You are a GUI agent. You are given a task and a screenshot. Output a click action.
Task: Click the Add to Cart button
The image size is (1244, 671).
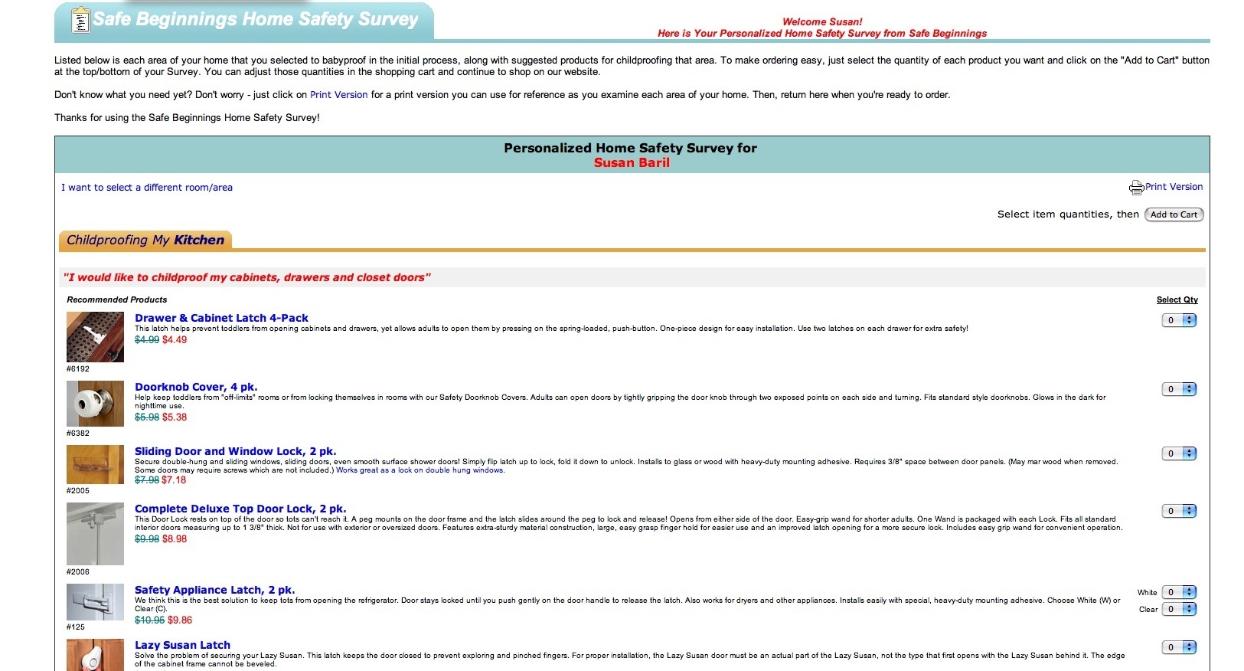coord(1174,214)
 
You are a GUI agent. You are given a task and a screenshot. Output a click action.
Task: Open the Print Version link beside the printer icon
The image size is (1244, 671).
coord(1174,187)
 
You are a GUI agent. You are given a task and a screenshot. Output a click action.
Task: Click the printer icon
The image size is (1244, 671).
coord(1136,188)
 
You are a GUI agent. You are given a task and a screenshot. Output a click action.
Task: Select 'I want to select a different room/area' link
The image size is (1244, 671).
coord(147,188)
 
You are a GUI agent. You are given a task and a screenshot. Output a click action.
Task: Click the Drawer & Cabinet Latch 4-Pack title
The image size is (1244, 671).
coord(221,318)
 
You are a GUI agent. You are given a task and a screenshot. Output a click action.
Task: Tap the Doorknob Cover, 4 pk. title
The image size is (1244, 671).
coord(196,387)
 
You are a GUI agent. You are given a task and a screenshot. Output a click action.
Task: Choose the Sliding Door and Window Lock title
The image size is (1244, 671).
coord(235,451)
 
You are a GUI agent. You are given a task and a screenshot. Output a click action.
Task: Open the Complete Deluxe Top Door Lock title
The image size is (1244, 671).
coord(240,509)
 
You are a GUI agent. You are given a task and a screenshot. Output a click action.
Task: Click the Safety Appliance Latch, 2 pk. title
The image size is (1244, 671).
coord(214,590)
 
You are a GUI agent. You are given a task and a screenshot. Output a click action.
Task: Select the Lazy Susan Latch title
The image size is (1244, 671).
coord(182,645)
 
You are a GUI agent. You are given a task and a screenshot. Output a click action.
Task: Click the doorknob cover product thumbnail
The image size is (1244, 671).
coord(95,404)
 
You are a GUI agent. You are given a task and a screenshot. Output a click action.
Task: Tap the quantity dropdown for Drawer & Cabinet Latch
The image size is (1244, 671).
coord(1179,321)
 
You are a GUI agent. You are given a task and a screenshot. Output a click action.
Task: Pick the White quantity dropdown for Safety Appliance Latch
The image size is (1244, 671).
coord(1179,592)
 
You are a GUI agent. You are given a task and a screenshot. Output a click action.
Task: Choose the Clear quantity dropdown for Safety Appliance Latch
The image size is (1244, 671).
coord(1179,609)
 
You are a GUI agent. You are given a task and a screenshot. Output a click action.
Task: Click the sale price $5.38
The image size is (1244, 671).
coord(175,417)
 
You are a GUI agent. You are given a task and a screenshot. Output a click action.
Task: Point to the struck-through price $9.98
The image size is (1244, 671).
coord(147,539)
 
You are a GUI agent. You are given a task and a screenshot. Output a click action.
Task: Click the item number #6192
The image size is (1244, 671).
coord(78,369)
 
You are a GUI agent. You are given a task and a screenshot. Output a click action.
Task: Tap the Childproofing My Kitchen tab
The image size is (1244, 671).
coord(145,241)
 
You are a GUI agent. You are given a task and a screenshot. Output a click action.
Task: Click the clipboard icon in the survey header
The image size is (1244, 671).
coord(80,21)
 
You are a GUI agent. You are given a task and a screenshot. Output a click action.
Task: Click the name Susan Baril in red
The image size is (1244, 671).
coord(632,162)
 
